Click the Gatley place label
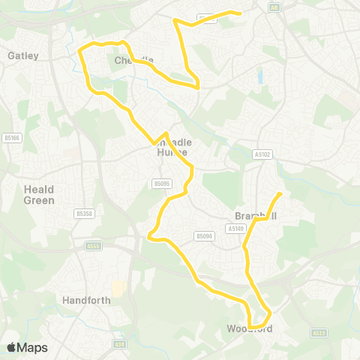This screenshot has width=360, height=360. [23, 55]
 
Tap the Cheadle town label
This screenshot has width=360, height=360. [134, 61]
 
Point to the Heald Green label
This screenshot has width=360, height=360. [39, 195]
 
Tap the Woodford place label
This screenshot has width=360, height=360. [249, 328]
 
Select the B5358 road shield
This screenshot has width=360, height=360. [84, 214]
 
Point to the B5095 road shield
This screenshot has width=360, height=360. [162, 183]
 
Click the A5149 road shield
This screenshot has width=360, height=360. [236, 228]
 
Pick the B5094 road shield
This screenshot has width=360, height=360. [204, 235]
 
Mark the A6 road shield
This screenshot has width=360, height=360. [275, 7]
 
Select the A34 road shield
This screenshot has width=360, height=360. [119, 344]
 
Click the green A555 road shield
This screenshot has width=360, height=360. [93, 245]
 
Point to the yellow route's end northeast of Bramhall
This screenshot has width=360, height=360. [280, 194]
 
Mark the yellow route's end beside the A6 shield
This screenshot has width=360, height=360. [239, 13]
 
